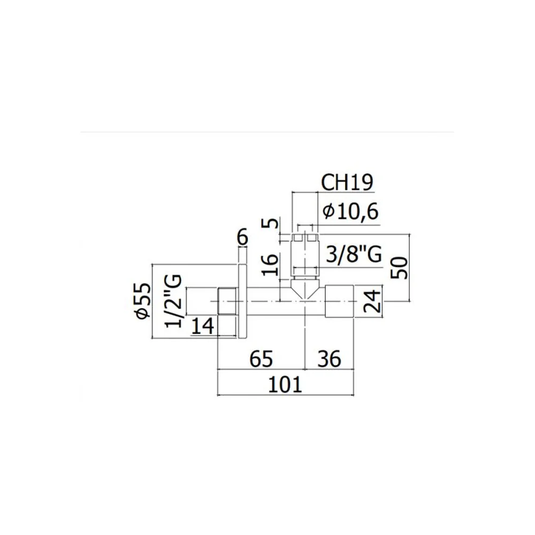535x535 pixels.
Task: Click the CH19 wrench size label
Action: pyautogui.click(x=347, y=183)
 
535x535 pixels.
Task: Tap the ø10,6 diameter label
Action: pyautogui.click(x=350, y=211)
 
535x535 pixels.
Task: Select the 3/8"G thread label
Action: pyautogui.click(x=354, y=254)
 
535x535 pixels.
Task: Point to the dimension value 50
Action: pyautogui.click(x=400, y=268)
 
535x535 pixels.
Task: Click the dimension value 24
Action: pyautogui.click(x=372, y=301)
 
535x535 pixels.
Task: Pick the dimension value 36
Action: pyautogui.click(x=330, y=358)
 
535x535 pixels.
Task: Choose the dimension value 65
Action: pyautogui.click(x=262, y=358)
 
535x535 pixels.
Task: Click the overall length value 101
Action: pyautogui.click(x=285, y=385)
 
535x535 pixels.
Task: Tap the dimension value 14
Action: pyautogui.click(x=203, y=325)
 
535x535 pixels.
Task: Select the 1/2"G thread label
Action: pyautogui.click(x=173, y=301)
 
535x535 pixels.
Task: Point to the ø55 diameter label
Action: pyautogui.click(x=143, y=301)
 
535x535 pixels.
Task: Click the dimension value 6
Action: pyautogui.click(x=242, y=238)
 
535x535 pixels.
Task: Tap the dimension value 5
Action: pyautogui.click(x=272, y=224)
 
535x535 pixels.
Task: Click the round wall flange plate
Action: pyautogui.click(x=241, y=301)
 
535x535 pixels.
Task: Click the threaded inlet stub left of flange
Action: pyautogui.click(x=227, y=301)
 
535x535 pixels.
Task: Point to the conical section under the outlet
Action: pyautogui.click(x=305, y=288)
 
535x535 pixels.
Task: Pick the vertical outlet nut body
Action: pyautogui.click(x=305, y=255)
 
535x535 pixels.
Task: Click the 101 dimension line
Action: pyautogui.click(x=286, y=395)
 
